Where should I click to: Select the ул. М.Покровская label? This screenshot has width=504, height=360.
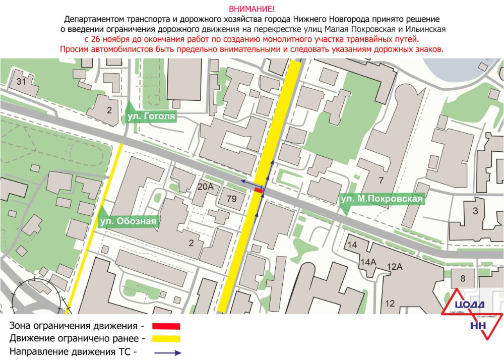pyautogui.click(x=381, y=199)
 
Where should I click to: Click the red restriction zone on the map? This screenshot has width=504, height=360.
pyautogui.click(x=258, y=191)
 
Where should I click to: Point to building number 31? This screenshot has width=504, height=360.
pyautogui.click(x=21, y=82)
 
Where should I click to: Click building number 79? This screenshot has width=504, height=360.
pyautogui.click(x=231, y=198)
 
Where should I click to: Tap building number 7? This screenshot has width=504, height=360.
pyautogui.click(x=381, y=181)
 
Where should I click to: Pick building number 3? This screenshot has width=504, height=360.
pyautogui.click(x=475, y=211)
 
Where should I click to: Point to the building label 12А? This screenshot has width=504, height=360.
pyautogui.click(x=394, y=267)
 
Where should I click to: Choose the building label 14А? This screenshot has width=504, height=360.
pyautogui.click(x=368, y=262)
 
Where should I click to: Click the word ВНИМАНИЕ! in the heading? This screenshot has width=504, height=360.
pyautogui.click(x=252, y=9)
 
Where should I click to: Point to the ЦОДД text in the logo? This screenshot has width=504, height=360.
pyautogui.click(x=469, y=305)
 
